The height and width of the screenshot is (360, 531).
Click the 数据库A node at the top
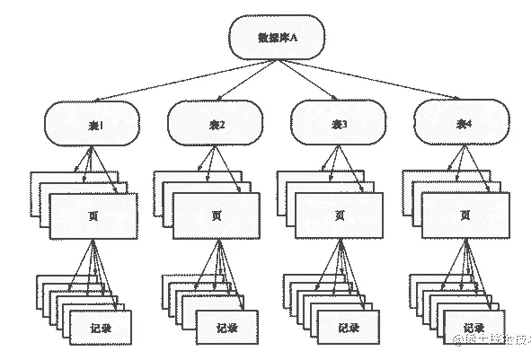[x=276, y=38]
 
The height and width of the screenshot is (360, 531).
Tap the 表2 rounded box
[x=216, y=124]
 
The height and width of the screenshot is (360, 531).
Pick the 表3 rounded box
[x=337, y=124]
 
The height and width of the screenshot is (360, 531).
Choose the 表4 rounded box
[x=460, y=124]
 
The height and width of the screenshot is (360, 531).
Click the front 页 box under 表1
[x=93, y=216]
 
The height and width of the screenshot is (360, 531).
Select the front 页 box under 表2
[x=217, y=216]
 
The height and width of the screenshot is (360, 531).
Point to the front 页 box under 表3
[x=339, y=216]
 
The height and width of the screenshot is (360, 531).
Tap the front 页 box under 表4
[x=462, y=216]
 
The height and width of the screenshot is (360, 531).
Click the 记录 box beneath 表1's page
[x=100, y=328]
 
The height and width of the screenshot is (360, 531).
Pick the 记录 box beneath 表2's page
[x=223, y=328]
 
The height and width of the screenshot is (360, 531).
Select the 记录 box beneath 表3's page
[x=346, y=328]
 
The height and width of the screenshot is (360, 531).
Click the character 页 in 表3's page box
[x=339, y=216]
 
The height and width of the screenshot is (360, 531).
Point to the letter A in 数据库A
[x=293, y=38]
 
